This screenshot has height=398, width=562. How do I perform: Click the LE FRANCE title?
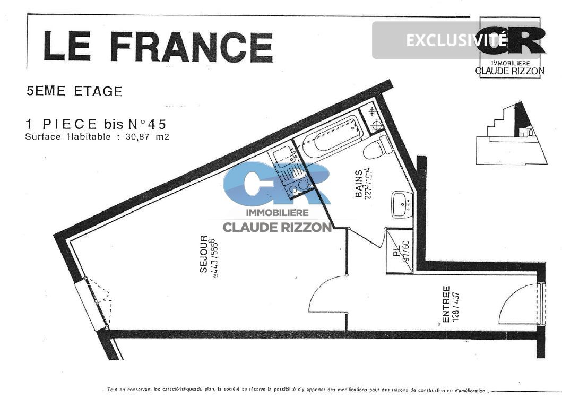(x=158, y=46)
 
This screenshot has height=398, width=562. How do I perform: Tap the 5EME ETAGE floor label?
(x=74, y=91)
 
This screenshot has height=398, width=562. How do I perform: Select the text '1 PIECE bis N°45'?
(x=96, y=124)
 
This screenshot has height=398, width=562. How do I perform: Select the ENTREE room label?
(x=446, y=305)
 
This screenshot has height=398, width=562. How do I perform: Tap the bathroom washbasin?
(x=401, y=204)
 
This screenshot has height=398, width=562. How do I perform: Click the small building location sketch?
(x=511, y=133)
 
